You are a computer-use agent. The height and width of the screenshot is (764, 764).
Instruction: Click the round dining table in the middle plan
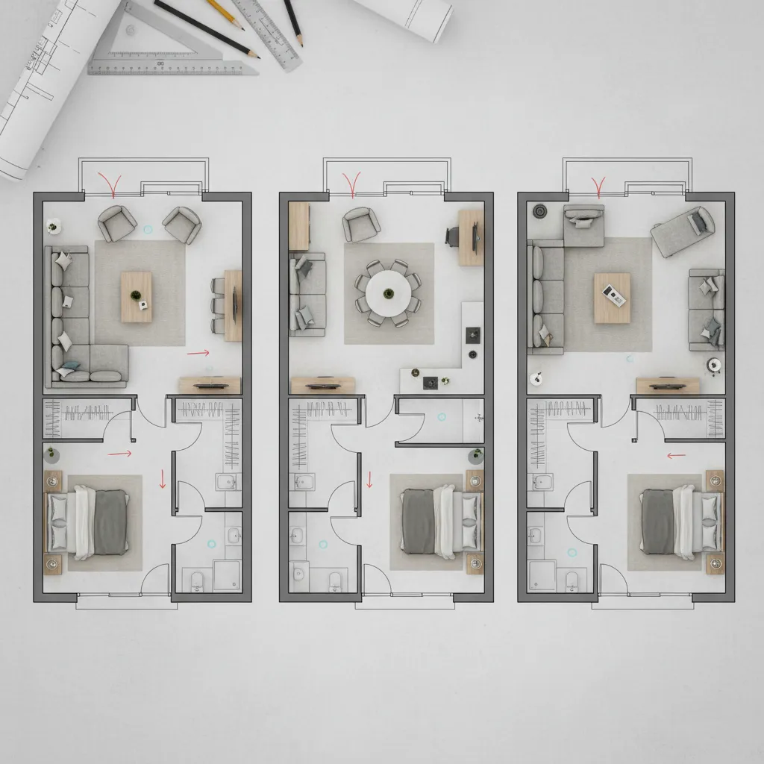(387, 292)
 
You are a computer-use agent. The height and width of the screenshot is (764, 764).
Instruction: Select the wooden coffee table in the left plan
(136, 296)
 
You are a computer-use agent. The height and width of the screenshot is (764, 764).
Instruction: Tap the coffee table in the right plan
(612, 298)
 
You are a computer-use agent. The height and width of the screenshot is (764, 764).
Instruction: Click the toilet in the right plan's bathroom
(572, 580)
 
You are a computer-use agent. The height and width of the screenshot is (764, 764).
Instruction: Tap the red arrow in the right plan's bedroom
(676, 454)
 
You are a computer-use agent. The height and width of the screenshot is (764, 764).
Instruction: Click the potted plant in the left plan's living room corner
(54, 224)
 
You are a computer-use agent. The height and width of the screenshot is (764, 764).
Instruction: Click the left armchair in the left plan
(117, 223)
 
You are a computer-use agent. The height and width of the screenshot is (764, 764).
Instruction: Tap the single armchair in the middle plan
(362, 222)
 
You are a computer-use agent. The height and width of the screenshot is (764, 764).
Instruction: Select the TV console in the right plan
(668, 385)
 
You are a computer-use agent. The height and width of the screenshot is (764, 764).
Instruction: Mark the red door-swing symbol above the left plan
(114, 184)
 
